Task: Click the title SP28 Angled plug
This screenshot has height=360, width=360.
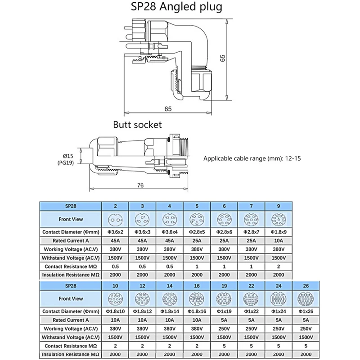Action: pos(180,7)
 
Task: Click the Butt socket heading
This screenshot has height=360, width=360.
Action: pos(137,124)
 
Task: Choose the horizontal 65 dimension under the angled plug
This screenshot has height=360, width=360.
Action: pos(168,109)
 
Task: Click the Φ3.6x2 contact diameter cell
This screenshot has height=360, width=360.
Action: pos(116,232)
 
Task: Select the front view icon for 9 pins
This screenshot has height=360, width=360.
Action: pos(279,220)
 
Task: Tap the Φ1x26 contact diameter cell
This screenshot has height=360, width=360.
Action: pos(306,311)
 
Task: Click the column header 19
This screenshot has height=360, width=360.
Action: pos(224,285)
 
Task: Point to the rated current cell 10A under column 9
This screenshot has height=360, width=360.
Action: pos(279,240)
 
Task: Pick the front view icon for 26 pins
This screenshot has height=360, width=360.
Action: pos(306,298)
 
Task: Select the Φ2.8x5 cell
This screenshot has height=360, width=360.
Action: pos(197,232)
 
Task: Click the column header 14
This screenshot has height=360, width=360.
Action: pos(170,285)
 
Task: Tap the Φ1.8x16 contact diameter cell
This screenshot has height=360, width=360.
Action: pos(197,311)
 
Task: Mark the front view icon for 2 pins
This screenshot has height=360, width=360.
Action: pos(116,220)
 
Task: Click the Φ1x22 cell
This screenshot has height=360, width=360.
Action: pos(251,311)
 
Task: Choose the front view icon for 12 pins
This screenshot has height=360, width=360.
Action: pos(143,298)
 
